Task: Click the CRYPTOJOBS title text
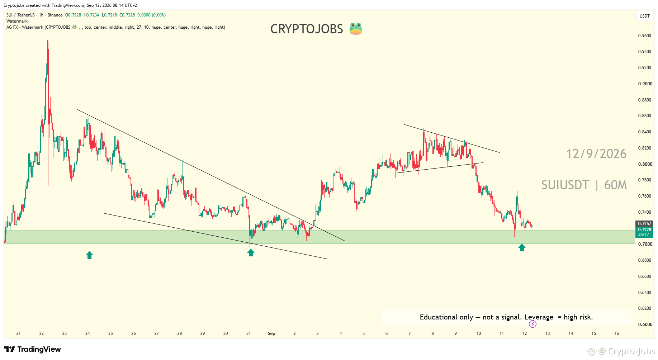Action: (307, 29)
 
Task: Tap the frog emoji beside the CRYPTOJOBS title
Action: (356, 29)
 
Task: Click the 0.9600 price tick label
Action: (644, 36)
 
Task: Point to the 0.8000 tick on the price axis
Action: (644, 164)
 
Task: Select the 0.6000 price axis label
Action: (644, 325)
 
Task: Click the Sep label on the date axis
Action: (271, 333)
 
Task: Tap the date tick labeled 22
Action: (42, 333)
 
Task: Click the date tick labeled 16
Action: (617, 333)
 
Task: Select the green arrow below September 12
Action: (522, 247)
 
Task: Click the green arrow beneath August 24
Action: (89, 255)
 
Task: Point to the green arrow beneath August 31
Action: (251, 253)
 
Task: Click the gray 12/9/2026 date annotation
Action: (596, 154)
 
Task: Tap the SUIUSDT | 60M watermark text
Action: (584, 185)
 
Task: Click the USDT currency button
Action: (645, 16)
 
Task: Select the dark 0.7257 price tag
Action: (644, 224)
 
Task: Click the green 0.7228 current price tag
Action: (644, 232)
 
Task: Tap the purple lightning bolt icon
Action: (533, 324)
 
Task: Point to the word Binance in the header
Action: (55, 15)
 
